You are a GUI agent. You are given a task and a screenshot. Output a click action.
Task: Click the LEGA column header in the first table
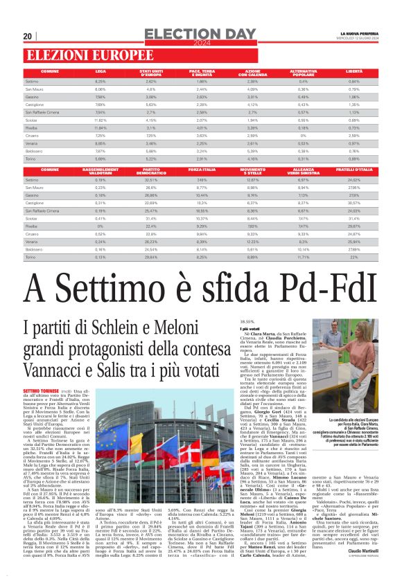coord(101,71)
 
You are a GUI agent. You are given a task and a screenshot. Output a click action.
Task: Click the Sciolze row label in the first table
coord(32,120)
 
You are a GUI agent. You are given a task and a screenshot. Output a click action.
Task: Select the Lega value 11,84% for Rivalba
coord(101,128)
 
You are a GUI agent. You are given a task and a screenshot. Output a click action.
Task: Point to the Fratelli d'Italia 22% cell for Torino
coord(353,257)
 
